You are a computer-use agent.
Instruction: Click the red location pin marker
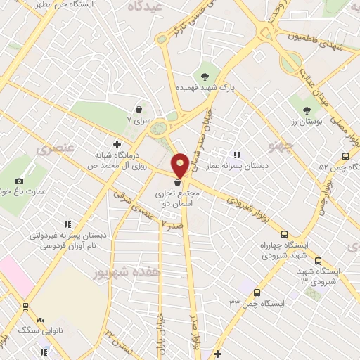pos(180,163)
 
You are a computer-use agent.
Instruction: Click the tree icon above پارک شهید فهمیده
pos(205,77)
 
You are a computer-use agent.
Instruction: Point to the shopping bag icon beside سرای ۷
pos(139,109)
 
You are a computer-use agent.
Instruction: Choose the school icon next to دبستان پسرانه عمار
pos(236,155)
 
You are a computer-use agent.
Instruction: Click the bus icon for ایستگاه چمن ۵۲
pos(345,156)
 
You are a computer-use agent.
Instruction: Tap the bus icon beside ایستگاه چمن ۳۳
pos(256,292)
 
